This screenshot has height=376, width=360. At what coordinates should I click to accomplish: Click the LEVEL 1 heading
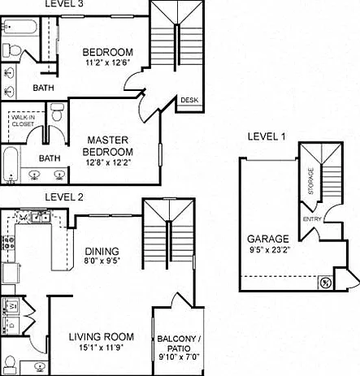[267, 136]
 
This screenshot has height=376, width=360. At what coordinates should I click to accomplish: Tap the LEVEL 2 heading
[64, 197]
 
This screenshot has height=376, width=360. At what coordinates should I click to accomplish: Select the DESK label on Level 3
[189, 100]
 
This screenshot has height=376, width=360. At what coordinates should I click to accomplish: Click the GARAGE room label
[268, 239]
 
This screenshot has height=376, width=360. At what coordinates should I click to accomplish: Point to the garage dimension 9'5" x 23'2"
[270, 249]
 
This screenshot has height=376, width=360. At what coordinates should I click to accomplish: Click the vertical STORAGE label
[311, 181]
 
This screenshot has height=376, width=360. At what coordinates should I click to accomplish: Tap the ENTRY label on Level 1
[312, 219]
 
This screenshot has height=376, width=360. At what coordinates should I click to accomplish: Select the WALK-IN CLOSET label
[23, 121]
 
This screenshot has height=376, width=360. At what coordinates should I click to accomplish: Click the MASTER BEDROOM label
[108, 146]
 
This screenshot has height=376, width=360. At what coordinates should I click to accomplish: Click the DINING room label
[102, 251]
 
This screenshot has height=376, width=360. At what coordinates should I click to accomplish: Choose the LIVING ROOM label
[102, 337]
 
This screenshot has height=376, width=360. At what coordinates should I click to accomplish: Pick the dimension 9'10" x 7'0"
[179, 357]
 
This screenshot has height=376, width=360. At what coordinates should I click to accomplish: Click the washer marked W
[11, 306]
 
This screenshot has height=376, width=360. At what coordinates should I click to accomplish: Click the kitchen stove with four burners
[7, 243]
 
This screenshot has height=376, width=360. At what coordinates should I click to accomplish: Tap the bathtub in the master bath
[11, 165]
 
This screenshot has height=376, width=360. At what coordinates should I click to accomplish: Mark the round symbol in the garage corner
[325, 283]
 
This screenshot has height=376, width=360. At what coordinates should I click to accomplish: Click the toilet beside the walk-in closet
[57, 111]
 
